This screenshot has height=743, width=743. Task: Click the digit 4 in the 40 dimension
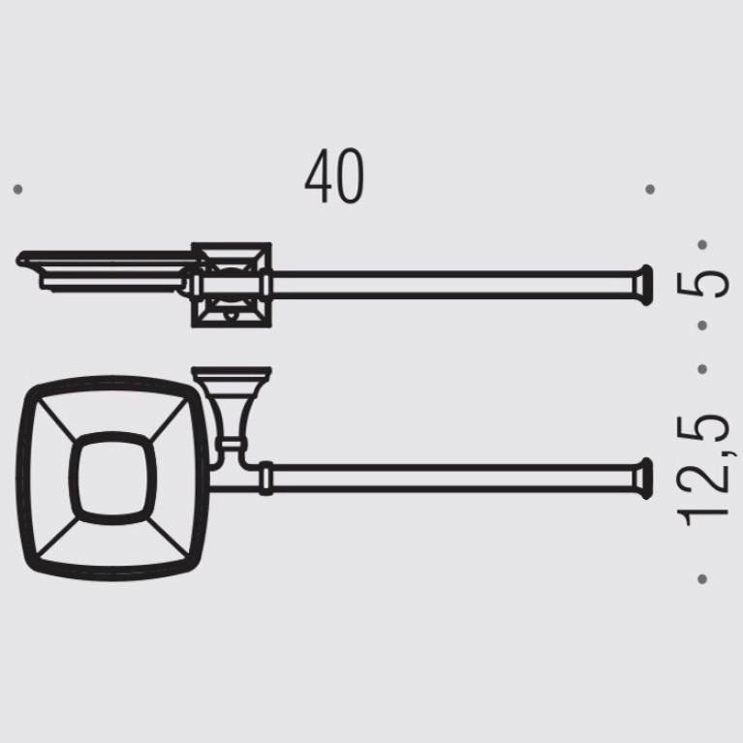point(318,176)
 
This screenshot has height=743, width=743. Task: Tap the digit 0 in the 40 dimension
point(350,176)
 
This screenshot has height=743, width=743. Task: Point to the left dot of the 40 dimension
point(18,190)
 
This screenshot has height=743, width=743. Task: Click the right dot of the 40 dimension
point(650,190)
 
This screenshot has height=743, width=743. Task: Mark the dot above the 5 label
point(702,245)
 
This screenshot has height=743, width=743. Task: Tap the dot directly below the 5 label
point(702,325)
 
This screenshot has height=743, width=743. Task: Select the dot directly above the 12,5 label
point(702,369)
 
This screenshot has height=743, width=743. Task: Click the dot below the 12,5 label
point(702,579)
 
